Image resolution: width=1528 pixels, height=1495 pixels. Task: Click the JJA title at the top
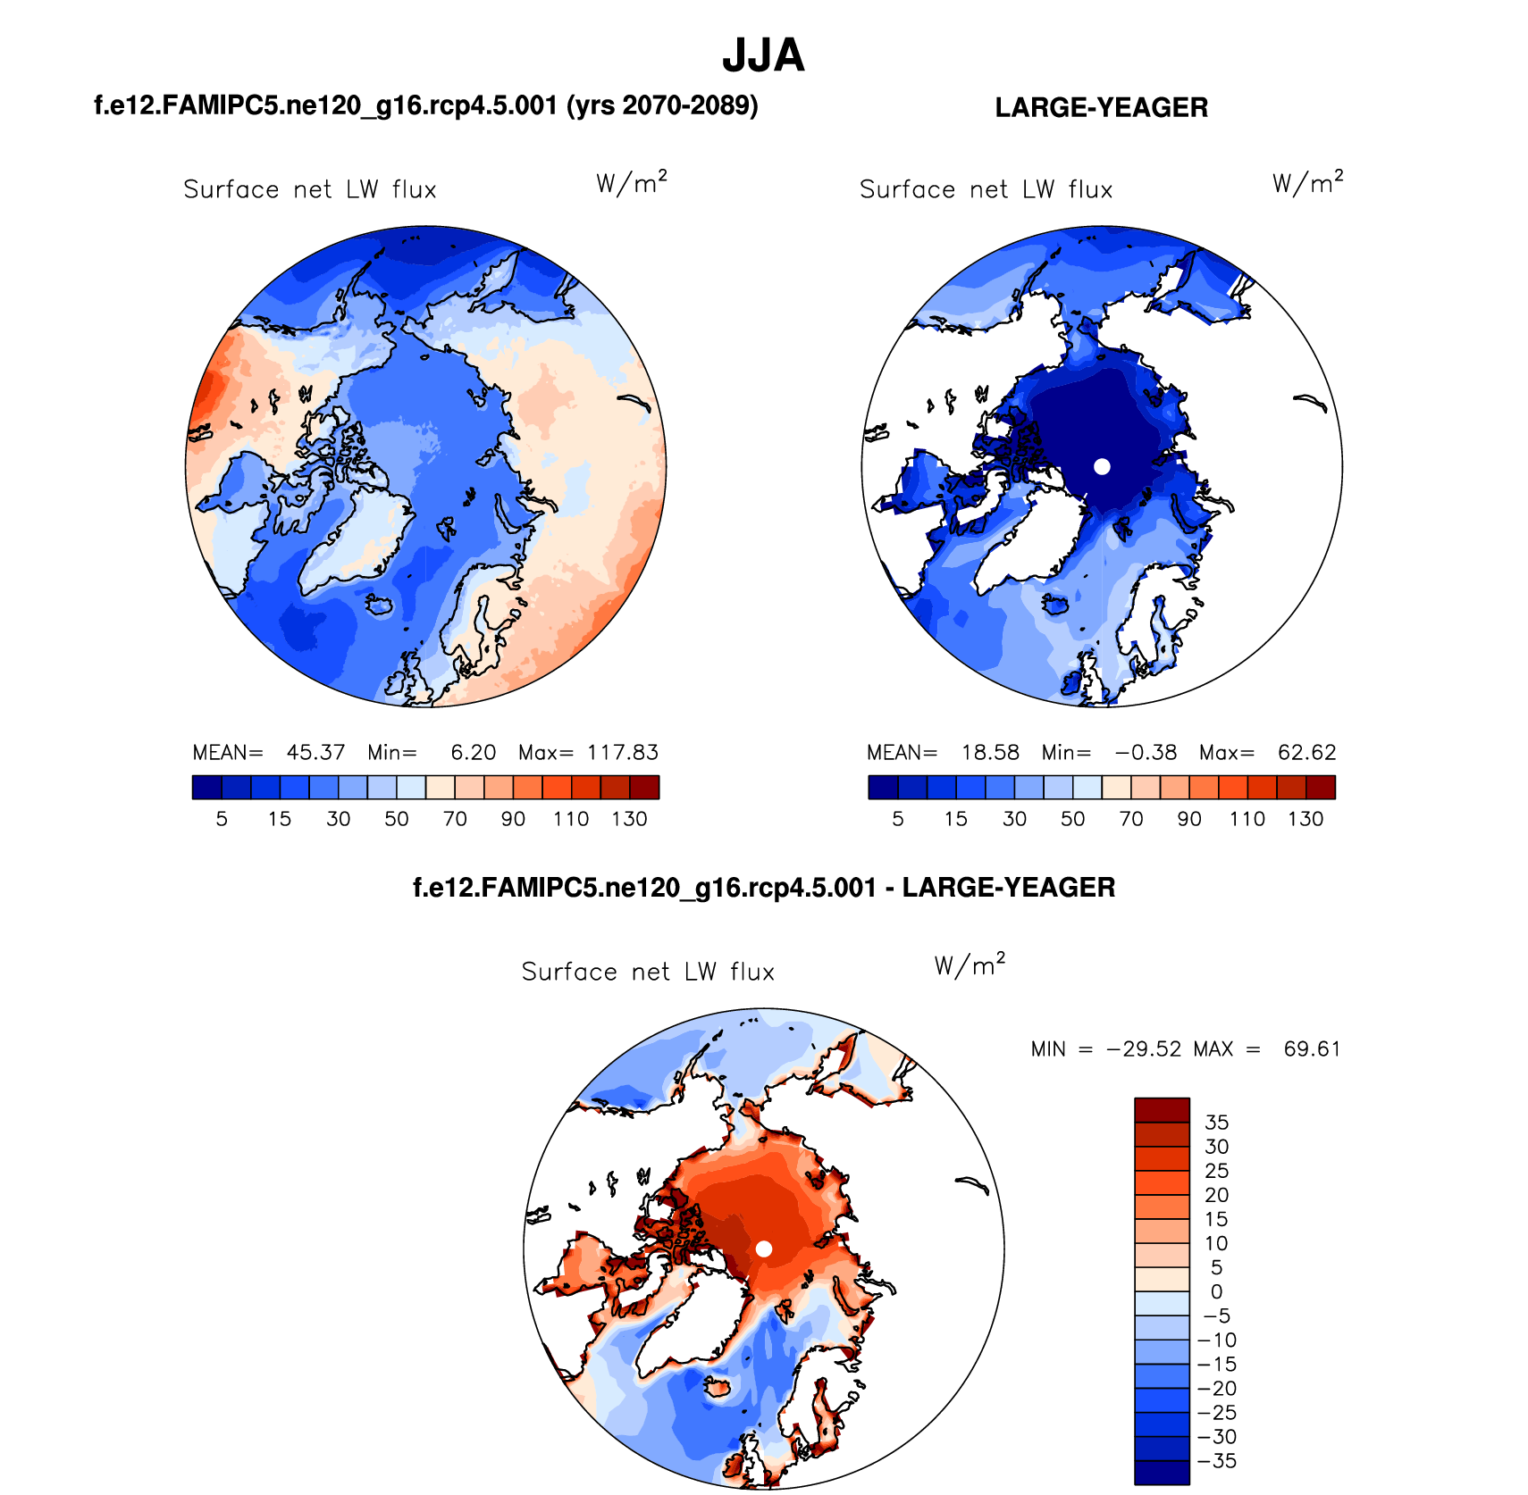pyautogui.click(x=763, y=56)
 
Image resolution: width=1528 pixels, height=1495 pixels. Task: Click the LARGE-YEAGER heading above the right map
pyautogui.click(x=1101, y=108)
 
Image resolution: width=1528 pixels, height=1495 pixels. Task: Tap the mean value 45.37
pyautogui.click(x=315, y=753)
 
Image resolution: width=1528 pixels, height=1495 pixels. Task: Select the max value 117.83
pyautogui.click(x=623, y=753)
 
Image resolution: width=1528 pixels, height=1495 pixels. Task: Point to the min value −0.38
pyautogui.click(x=1146, y=753)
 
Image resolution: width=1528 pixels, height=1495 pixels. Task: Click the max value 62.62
pyautogui.click(x=1306, y=753)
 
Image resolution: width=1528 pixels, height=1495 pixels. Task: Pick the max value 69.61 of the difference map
pyautogui.click(x=1312, y=1048)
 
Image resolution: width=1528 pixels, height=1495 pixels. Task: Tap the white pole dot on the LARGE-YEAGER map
pyautogui.click(x=1102, y=466)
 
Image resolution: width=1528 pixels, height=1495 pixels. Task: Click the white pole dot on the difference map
pyautogui.click(x=764, y=1249)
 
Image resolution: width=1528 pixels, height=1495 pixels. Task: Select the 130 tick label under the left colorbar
pyautogui.click(x=629, y=819)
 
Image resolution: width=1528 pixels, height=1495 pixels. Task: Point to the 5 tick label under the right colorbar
pyautogui.click(x=898, y=819)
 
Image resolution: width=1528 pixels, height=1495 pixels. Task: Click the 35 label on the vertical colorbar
pyautogui.click(x=1216, y=1123)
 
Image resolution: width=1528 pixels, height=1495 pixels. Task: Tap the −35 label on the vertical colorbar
pyautogui.click(x=1216, y=1461)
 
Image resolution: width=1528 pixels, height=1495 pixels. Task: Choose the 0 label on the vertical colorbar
pyautogui.click(x=1216, y=1292)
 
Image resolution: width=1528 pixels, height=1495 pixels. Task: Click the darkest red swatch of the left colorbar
pyautogui.click(x=644, y=787)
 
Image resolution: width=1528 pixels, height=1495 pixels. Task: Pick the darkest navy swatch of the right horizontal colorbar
pyautogui.click(x=883, y=787)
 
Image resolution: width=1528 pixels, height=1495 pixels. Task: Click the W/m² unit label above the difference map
pyautogui.click(x=970, y=966)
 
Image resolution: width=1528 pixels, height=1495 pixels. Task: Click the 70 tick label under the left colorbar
pyautogui.click(x=455, y=819)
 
